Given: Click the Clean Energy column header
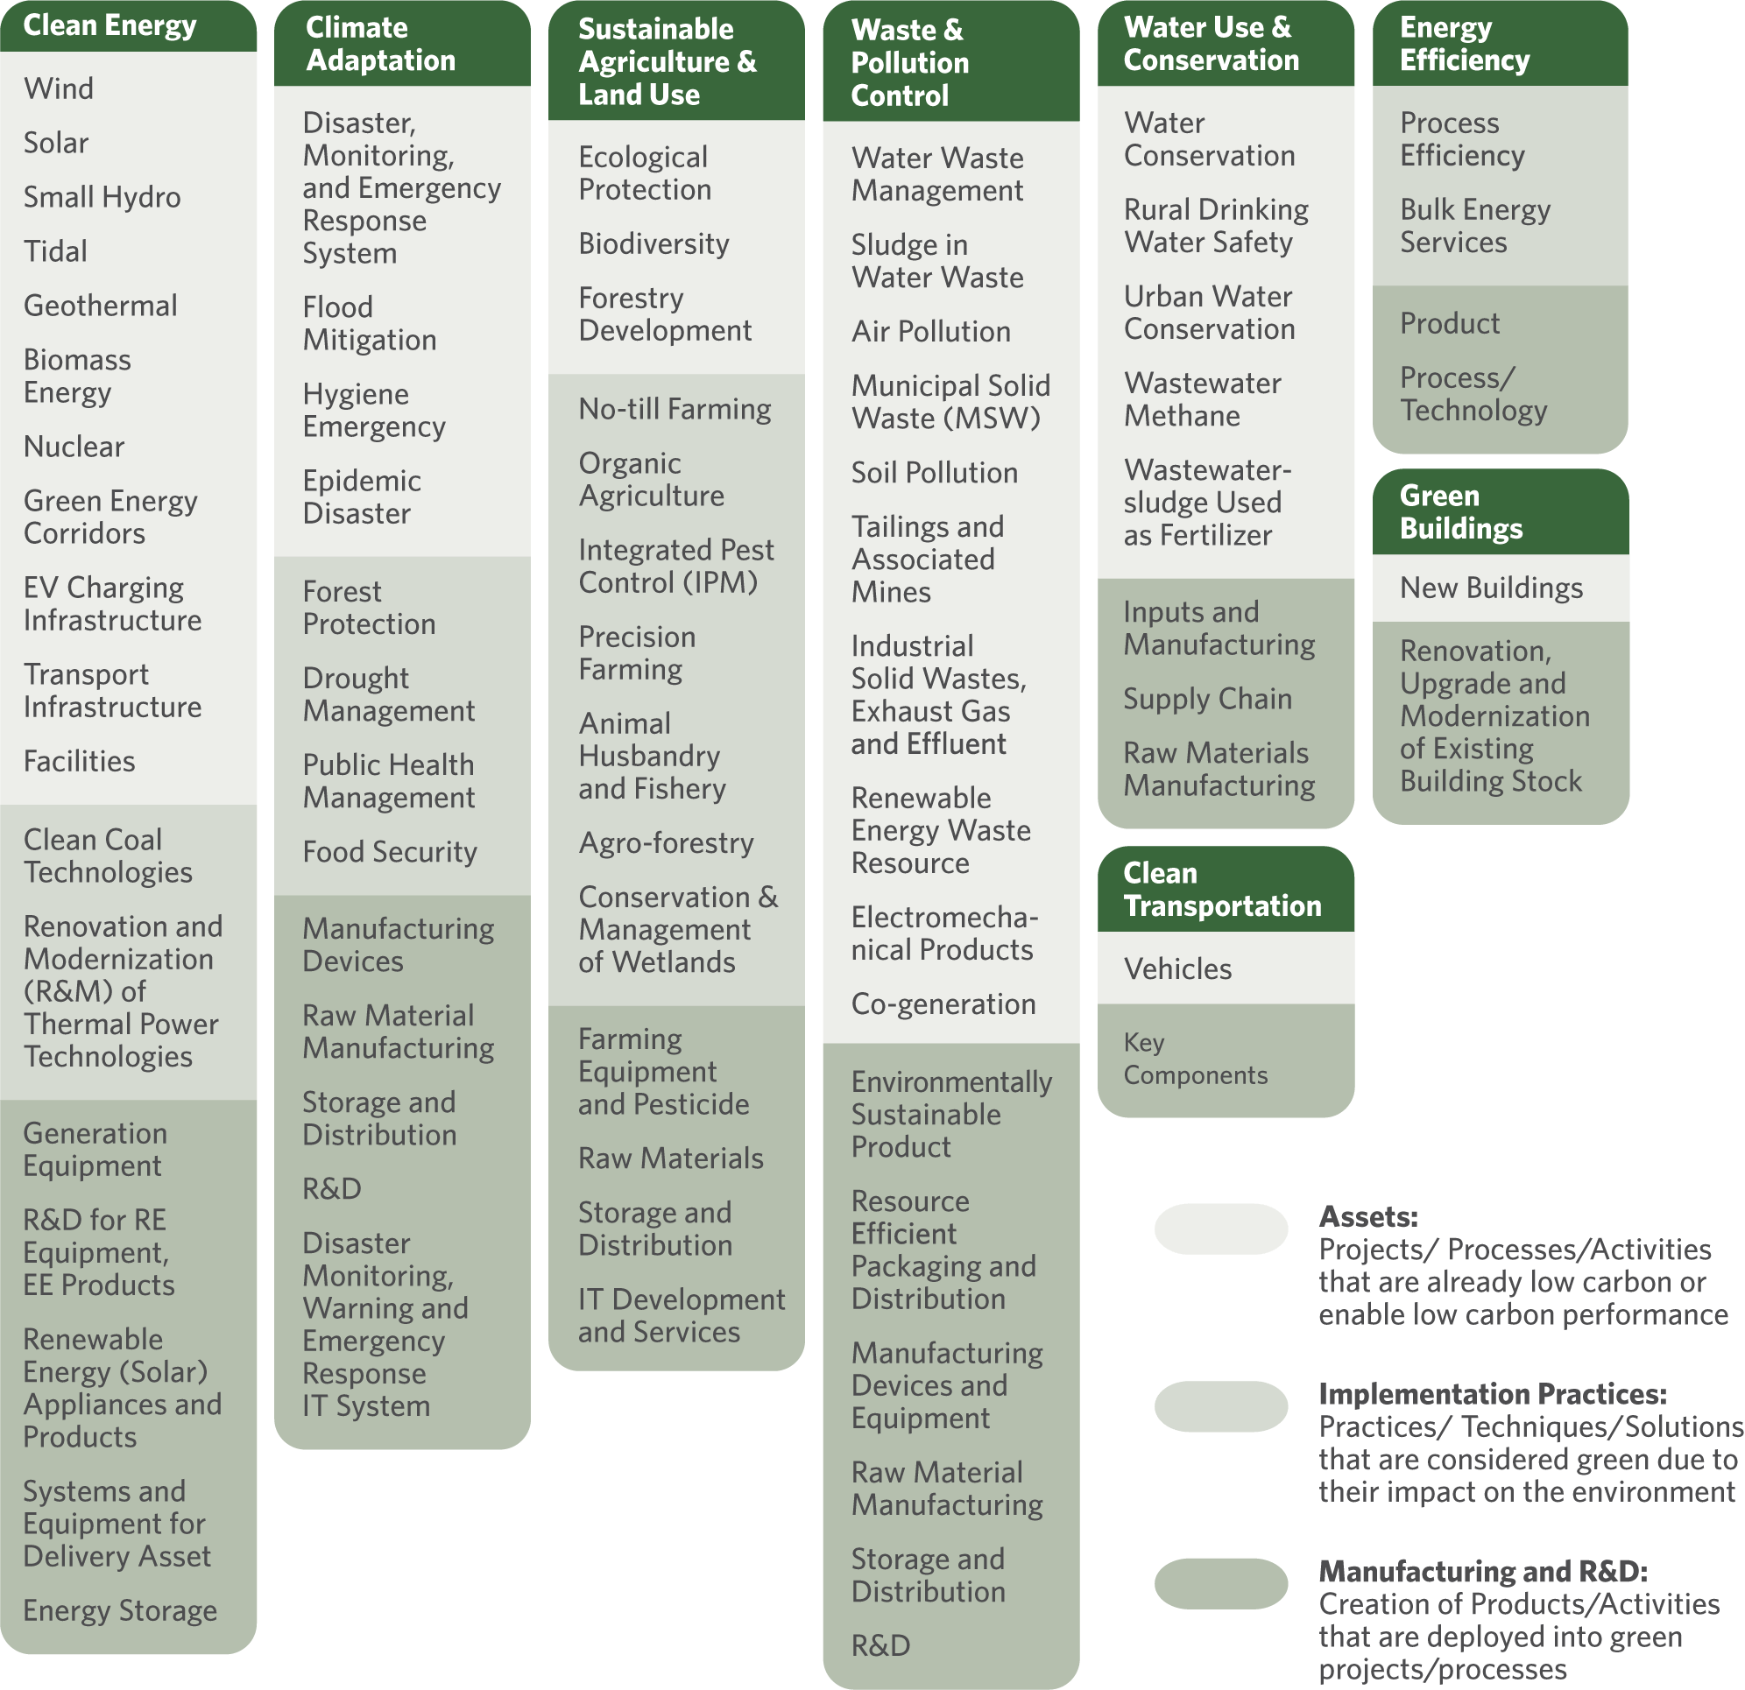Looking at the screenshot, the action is (x=110, y=25).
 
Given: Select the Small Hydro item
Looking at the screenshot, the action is (x=102, y=197).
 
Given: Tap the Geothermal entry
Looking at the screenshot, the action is (x=101, y=306).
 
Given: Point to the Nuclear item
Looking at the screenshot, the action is (x=74, y=446).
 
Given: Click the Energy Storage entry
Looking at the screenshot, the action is (x=120, y=1610).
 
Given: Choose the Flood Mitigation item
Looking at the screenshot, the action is (x=370, y=323).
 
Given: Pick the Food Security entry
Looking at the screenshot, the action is (x=390, y=852).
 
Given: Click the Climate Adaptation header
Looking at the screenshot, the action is (x=380, y=44).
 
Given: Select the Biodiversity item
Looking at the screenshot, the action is (x=653, y=243).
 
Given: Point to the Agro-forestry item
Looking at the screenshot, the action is (x=666, y=841).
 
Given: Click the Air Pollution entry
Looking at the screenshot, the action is (x=931, y=331).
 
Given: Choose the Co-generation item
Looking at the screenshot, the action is (x=943, y=1003).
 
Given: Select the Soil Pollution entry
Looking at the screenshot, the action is (x=935, y=473).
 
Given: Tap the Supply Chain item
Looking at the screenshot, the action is (x=1207, y=699).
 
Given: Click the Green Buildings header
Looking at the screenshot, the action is (x=1461, y=511).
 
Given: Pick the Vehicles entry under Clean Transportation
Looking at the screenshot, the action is (x=1178, y=968).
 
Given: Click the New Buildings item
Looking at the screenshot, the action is (x=1491, y=588).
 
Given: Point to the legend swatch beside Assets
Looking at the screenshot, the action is (x=1220, y=1229).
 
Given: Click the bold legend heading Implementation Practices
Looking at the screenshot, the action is (x=1492, y=1394).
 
